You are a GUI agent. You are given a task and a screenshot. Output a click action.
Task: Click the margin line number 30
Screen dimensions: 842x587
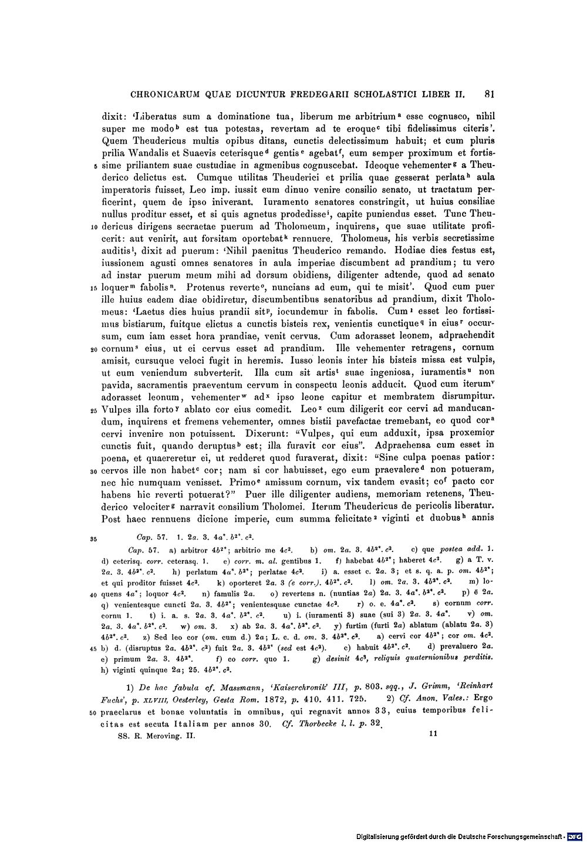[95, 471]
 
